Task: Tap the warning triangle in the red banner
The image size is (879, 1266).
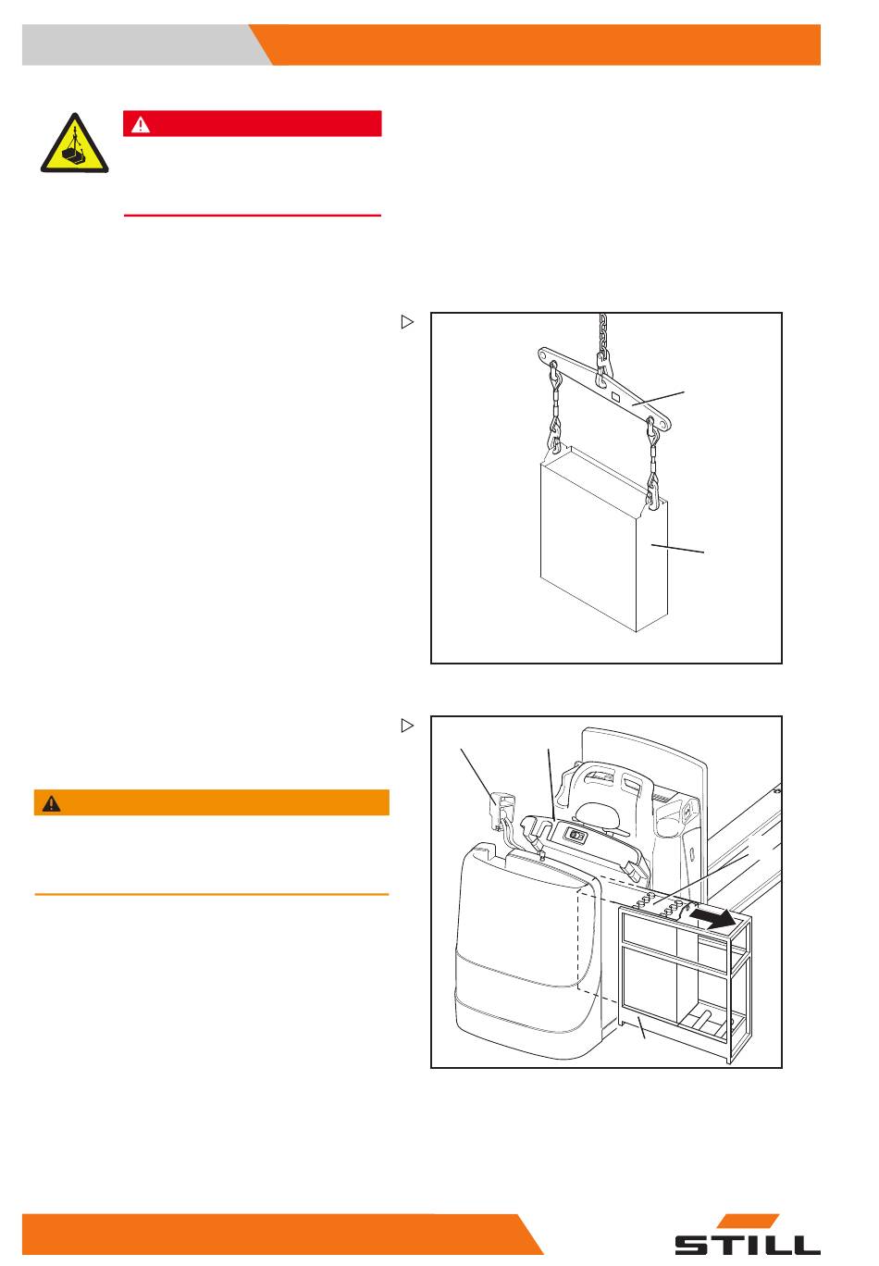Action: click(x=139, y=123)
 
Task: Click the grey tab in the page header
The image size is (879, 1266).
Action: click(x=139, y=45)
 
